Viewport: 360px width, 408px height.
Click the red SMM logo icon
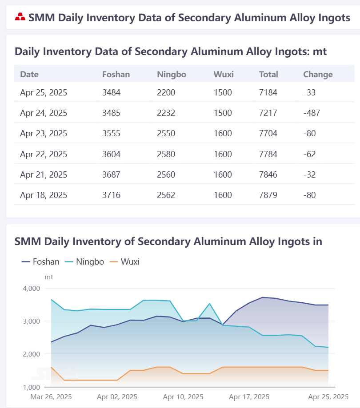click(20, 17)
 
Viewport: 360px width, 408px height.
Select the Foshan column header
click(116, 75)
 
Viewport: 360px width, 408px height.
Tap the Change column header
click(318, 75)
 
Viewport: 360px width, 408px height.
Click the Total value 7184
click(268, 92)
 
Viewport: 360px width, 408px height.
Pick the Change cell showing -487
click(312, 113)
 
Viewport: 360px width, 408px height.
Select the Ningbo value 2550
click(166, 133)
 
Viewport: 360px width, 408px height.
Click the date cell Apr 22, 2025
click(44, 154)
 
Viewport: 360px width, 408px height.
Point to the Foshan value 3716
click(111, 195)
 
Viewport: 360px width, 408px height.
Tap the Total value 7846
click(268, 174)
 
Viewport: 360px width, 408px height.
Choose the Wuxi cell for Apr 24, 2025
click(223, 113)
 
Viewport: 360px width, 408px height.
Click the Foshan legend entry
click(40, 261)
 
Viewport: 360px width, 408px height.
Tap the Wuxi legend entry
click(124, 261)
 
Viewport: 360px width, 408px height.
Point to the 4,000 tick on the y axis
click(32, 288)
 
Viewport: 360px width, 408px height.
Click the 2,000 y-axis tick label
click(32, 354)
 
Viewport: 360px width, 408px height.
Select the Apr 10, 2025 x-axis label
click(183, 397)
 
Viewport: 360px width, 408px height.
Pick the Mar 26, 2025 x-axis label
click(51, 397)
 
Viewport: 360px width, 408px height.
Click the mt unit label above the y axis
click(49, 277)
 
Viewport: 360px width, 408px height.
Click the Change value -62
click(309, 154)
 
